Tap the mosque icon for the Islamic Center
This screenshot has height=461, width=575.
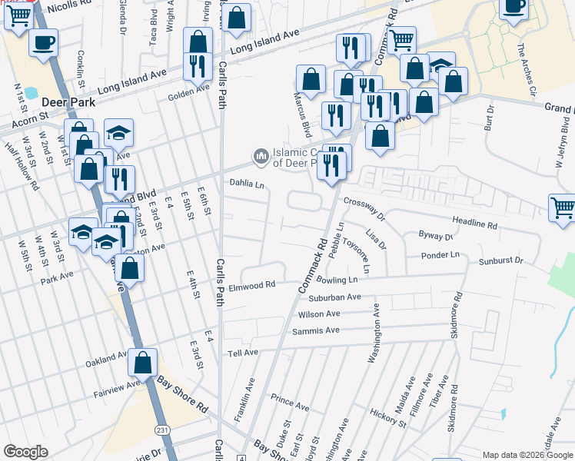click(x=261, y=157)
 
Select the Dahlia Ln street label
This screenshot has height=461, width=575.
click(x=247, y=184)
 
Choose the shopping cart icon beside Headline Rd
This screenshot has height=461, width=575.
click(x=563, y=207)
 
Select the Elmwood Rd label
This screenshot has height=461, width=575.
click(x=251, y=286)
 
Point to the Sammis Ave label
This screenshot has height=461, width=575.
click(x=315, y=330)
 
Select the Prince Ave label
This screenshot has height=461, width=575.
click(x=289, y=402)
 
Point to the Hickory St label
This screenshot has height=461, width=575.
click(x=387, y=418)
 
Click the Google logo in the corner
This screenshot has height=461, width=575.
click(x=25, y=452)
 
